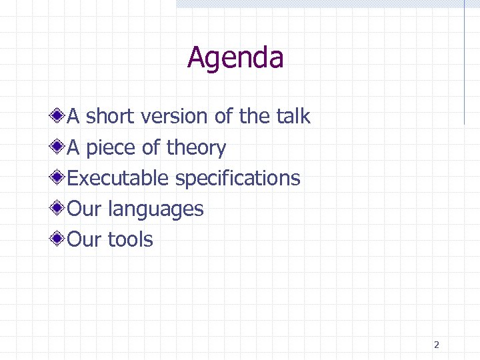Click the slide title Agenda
(x=235, y=58)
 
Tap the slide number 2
(x=436, y=345)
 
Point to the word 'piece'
(x=111, y=148)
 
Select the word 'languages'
(x=155, y=210)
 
